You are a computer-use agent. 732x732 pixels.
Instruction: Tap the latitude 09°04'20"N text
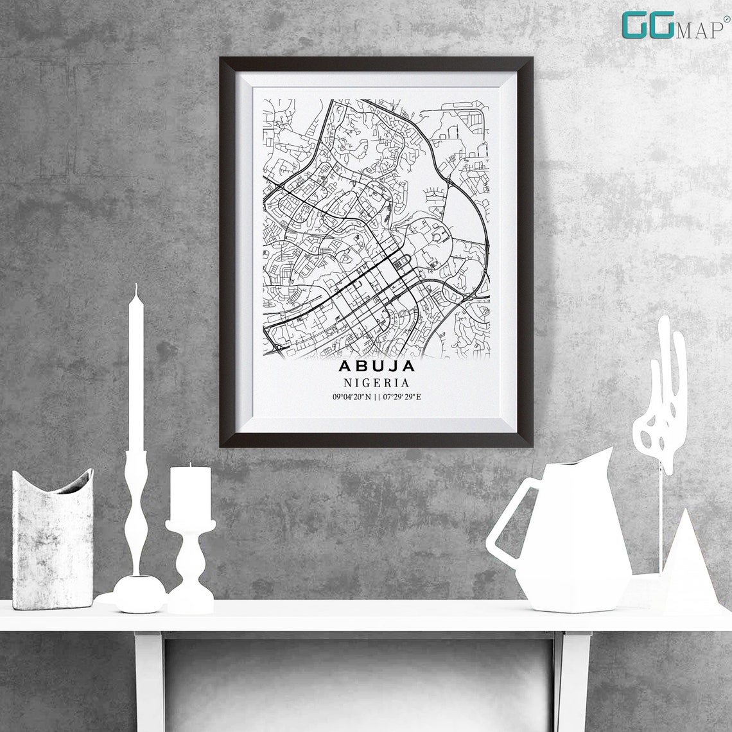(351, 397)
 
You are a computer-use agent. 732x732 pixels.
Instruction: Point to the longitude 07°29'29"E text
(402, 397)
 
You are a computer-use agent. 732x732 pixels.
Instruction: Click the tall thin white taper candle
(136, 372)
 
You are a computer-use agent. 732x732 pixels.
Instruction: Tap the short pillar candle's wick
(189, 464)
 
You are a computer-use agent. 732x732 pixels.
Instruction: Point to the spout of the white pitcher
(604, 457)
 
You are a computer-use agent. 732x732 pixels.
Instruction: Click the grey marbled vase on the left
(53, 539)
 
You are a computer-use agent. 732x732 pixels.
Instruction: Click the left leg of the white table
(149, 681)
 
